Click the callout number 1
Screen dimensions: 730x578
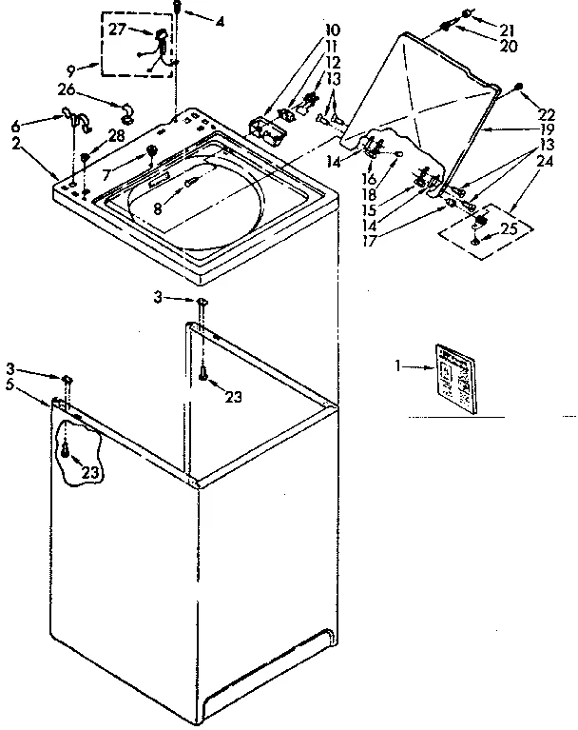tap(399, 364)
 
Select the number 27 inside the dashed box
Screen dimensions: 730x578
tap(117, 30)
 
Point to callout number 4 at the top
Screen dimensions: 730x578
tap(220, 20)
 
